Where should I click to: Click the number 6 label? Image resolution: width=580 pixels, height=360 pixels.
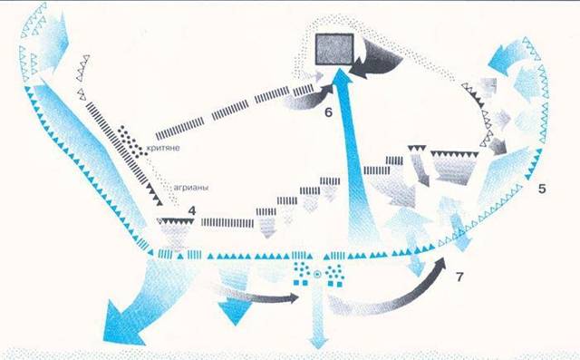328,112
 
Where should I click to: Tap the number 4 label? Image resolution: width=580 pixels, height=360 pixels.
191,211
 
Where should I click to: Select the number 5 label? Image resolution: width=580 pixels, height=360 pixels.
542,189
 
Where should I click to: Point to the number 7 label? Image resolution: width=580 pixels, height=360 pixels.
459,277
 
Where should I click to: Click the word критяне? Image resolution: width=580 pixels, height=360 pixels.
163,149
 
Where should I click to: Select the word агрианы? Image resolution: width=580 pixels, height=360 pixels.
191,188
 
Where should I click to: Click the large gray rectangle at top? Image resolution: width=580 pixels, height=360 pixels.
334,48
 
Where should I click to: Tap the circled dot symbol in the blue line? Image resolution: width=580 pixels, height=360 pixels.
316,274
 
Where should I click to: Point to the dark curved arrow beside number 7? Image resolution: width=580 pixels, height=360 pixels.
400,292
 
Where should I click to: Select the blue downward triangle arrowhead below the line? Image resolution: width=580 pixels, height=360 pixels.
235,313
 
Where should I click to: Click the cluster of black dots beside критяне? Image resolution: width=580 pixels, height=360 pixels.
131,141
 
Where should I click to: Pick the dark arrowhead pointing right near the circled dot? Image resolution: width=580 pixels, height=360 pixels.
293,297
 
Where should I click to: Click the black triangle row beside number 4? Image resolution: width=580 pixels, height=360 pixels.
176,221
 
